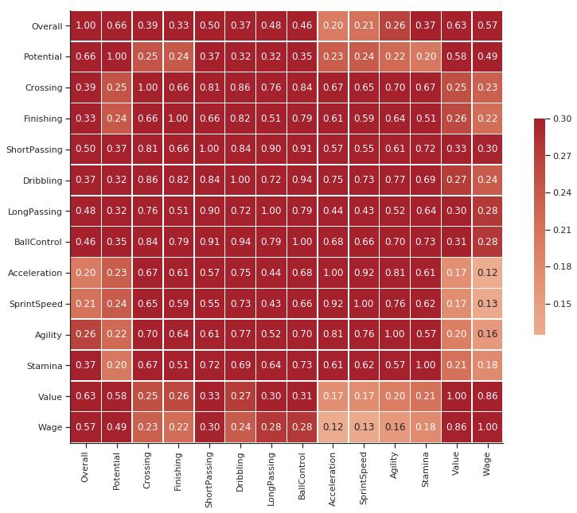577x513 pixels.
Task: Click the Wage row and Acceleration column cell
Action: (x=333, y=427)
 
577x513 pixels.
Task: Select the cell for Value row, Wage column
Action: (x=487, y=396)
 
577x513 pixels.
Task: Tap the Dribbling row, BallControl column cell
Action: (x=302, y=181)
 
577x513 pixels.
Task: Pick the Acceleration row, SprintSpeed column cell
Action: (x=364, y=273)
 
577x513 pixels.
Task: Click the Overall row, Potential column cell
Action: (x=116, y=26)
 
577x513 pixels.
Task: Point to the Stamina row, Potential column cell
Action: (x=116, y=366)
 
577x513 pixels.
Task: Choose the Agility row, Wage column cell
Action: (x=487, y=335)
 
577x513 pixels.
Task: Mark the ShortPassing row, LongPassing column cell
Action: (x=271, y=150)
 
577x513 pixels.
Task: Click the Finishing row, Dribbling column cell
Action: (x=240, y=119)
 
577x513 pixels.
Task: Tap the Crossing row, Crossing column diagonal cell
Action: (x=147, y=87)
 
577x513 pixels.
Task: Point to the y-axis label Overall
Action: (x=46, y=26)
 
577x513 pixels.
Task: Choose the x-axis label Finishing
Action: (x=178, y=472)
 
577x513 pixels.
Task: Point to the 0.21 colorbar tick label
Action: (x=562, y=230)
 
